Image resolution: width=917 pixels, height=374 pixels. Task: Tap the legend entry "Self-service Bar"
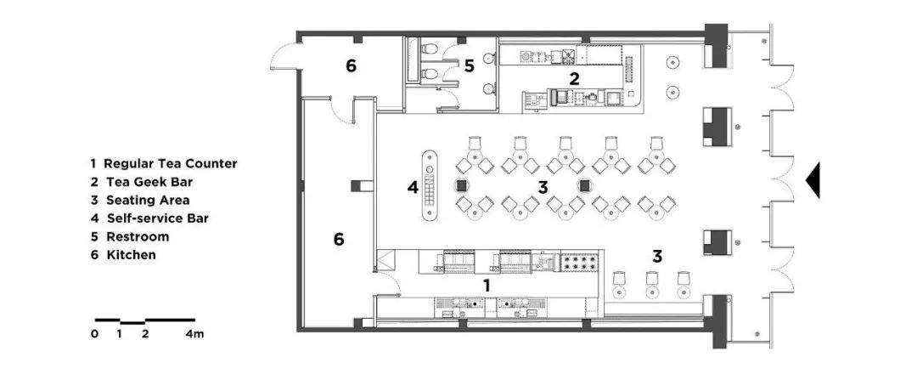[x=155, y=218]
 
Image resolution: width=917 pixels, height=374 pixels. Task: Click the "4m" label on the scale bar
[x=194, y=334]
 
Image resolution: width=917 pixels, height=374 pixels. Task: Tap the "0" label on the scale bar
[x=95, y=334]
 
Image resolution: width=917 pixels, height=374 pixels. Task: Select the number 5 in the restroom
[x=469, y=66]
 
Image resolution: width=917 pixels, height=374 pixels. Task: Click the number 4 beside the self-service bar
[x=413, y=187]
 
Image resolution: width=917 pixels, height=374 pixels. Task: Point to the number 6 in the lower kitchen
[x=338, y=241]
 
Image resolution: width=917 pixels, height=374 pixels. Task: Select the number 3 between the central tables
[x=543, y=186]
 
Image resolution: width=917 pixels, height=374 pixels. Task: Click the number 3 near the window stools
[x=657, y=255]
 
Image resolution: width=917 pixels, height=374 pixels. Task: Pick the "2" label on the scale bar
[x=145, y=334]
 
